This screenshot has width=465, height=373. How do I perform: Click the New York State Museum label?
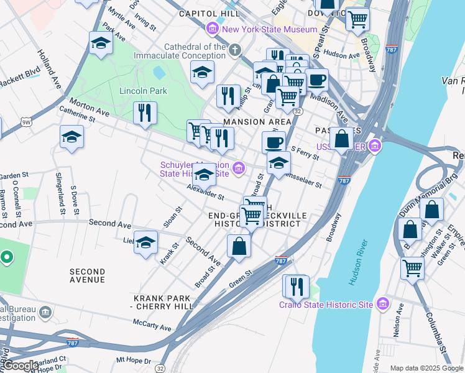269,29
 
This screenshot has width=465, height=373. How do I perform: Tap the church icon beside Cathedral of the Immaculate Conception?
235,49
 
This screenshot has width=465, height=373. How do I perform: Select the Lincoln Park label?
143,91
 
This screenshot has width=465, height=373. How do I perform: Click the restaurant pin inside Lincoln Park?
145,113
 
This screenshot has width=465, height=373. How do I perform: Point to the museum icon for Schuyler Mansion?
238,167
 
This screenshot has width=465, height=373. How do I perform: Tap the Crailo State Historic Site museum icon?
382,304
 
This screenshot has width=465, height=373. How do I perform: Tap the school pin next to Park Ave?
100,44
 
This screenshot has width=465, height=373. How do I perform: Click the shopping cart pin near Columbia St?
413,269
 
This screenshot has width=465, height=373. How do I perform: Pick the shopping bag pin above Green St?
239,246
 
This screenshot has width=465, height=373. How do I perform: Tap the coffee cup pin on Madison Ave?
316,80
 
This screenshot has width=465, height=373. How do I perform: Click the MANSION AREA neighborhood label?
249,122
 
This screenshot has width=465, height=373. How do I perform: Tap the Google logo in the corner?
21,366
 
